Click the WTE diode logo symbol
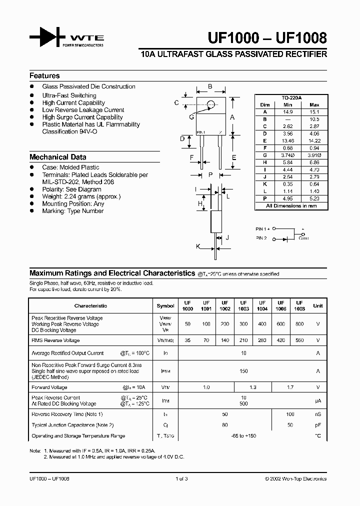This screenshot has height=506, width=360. point(48,38)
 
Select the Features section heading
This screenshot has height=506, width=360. point(44,76)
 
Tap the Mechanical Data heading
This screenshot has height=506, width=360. point(57,157)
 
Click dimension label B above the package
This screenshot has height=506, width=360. point(210,87)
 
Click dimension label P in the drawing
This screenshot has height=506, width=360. point(210,174)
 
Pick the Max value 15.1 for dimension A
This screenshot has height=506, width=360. point(315,112)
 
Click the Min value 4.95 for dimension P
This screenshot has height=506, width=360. point(287,198)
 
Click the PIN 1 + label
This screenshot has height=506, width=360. point(263,228)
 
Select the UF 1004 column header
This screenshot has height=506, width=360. point(262,305)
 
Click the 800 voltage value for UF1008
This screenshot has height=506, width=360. point(299,324)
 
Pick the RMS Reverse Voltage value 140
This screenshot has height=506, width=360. point(225,340)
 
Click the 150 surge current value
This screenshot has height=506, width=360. point(243,371)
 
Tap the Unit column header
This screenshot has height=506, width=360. point(318,305)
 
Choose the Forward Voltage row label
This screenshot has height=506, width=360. point(49,387)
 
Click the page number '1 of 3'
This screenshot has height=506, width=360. point(182,478)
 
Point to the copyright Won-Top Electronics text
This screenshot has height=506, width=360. point(295,478)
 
